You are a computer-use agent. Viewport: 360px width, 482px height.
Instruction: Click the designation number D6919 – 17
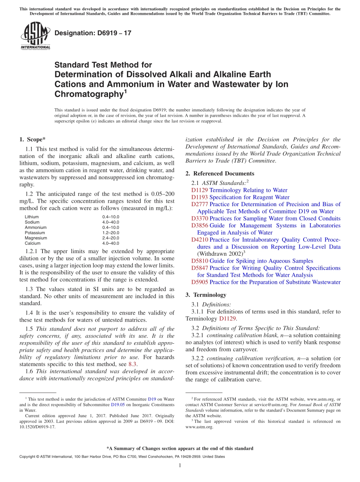(x=93, y=33)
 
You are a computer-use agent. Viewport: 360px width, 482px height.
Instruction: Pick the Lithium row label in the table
(x=32, y=217)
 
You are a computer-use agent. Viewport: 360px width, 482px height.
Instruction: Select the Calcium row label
(x=32, y=243)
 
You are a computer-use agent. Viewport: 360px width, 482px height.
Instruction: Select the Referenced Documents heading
(x=220, y=174)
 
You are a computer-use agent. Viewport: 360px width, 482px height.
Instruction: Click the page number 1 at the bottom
(x=180, y=465)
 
